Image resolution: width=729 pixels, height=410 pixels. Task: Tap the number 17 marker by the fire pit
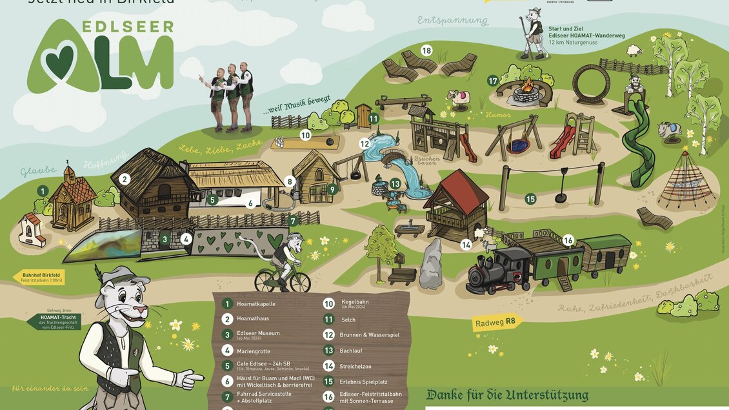(x=494, y=81)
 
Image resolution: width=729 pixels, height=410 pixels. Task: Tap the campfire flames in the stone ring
(x=527, y=86)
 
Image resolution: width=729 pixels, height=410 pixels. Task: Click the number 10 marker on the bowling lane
(x=305, y=136)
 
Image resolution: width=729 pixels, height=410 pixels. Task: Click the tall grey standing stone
(x=431, y=264)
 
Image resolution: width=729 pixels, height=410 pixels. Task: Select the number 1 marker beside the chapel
(x=43, y=191)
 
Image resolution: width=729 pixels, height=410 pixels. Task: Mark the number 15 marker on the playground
(x=530, y=199)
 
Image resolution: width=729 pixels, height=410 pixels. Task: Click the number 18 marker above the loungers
(x=426, y=50)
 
